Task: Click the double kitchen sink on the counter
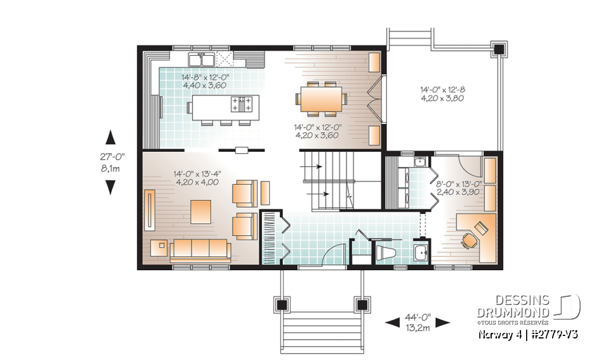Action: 201,60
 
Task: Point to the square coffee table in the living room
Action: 200,211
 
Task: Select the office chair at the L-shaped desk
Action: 469,240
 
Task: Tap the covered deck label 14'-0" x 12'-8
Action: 442,90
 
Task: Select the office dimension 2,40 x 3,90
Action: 459,192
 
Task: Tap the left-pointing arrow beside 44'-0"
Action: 393,323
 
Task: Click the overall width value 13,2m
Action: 418,328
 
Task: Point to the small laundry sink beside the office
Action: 420,162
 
